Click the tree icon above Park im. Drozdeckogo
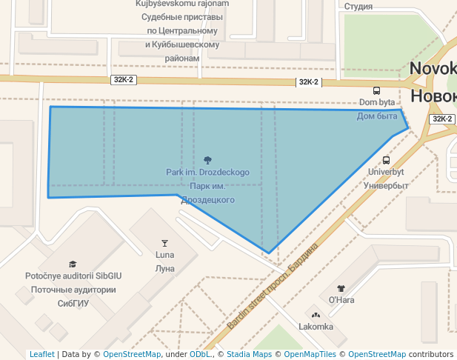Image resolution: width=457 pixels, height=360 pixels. [207, 160]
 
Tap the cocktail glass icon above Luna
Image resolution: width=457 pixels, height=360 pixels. [164, 243]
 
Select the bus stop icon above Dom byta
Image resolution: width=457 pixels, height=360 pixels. [377, 90]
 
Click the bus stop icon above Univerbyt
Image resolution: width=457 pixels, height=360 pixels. [386, 160]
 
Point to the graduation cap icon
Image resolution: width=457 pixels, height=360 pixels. [73, 264]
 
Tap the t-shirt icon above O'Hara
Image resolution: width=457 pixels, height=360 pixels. [341, 288]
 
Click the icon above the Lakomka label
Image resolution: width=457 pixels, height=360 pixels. [316, 315]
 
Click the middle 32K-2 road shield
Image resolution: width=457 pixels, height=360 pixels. [307, 82]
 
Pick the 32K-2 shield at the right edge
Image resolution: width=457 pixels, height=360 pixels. [441, 119]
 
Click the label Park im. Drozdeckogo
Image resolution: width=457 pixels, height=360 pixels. [207, 173]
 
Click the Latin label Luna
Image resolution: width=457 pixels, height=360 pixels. [164, 255]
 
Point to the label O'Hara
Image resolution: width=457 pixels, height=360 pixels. [341, 300]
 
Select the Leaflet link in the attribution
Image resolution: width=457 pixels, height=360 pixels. [42, 354]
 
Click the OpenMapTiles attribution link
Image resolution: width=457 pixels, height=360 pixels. [310, 354]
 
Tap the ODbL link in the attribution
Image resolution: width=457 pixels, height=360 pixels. [201, 354]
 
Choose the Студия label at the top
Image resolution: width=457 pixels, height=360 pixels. [358, 7]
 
